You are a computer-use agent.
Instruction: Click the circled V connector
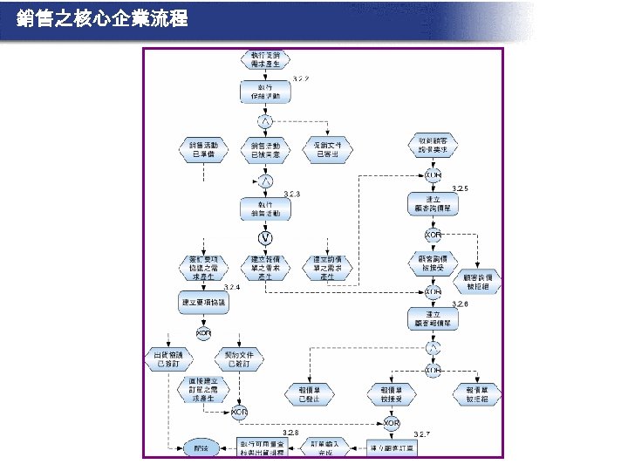coord(263,237)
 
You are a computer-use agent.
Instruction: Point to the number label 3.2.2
coord(301,78)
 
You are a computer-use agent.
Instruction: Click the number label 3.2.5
coord(461,189)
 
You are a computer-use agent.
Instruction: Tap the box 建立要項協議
coord(202,303)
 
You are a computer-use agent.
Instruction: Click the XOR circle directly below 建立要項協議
coord(202,333)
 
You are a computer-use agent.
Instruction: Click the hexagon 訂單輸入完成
coord(324,447)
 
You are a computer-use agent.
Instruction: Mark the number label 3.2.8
coord(290,433)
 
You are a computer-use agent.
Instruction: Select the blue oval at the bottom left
coord(201,448)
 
